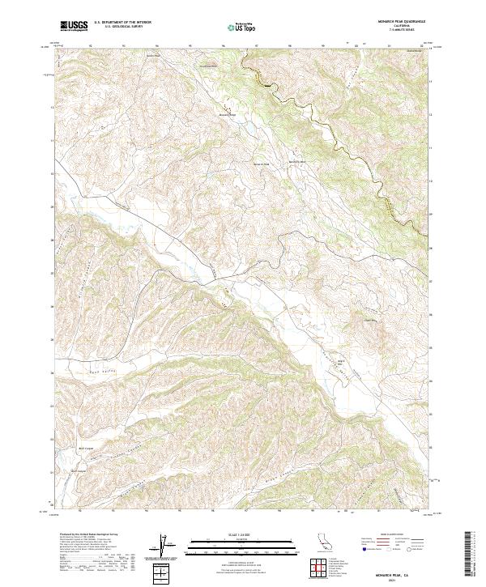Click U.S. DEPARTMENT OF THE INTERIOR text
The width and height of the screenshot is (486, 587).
(x=122, y=23)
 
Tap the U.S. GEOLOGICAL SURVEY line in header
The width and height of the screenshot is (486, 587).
(x=122, y=28)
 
